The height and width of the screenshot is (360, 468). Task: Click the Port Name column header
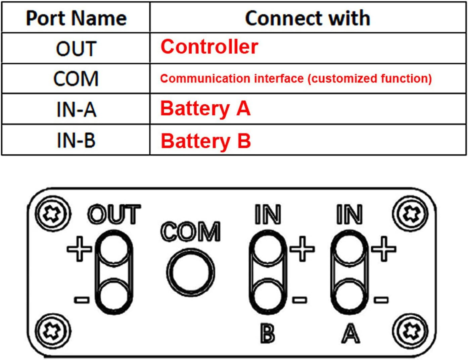pos(76,18)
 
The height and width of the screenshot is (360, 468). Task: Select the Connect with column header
pos(308,18)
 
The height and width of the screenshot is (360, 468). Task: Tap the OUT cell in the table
pos(76,49)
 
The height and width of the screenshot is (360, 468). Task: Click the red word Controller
pos(209,47)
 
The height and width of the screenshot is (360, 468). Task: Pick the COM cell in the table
pos(76,79)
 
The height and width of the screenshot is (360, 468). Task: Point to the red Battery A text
pos(205,109)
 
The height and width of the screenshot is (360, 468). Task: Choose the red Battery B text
pos(205,141)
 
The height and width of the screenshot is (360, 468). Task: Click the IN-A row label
pos(76,109)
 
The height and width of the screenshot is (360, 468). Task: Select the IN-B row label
pos(76,140)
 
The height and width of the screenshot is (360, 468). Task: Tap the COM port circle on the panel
pos(190,272)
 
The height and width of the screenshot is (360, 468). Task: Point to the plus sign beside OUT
pos(79,249)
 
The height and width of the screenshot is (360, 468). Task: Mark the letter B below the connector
pos(268,334)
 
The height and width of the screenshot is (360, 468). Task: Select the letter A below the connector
pos(350,334)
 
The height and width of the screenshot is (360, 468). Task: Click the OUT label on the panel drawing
pos(114,214)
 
